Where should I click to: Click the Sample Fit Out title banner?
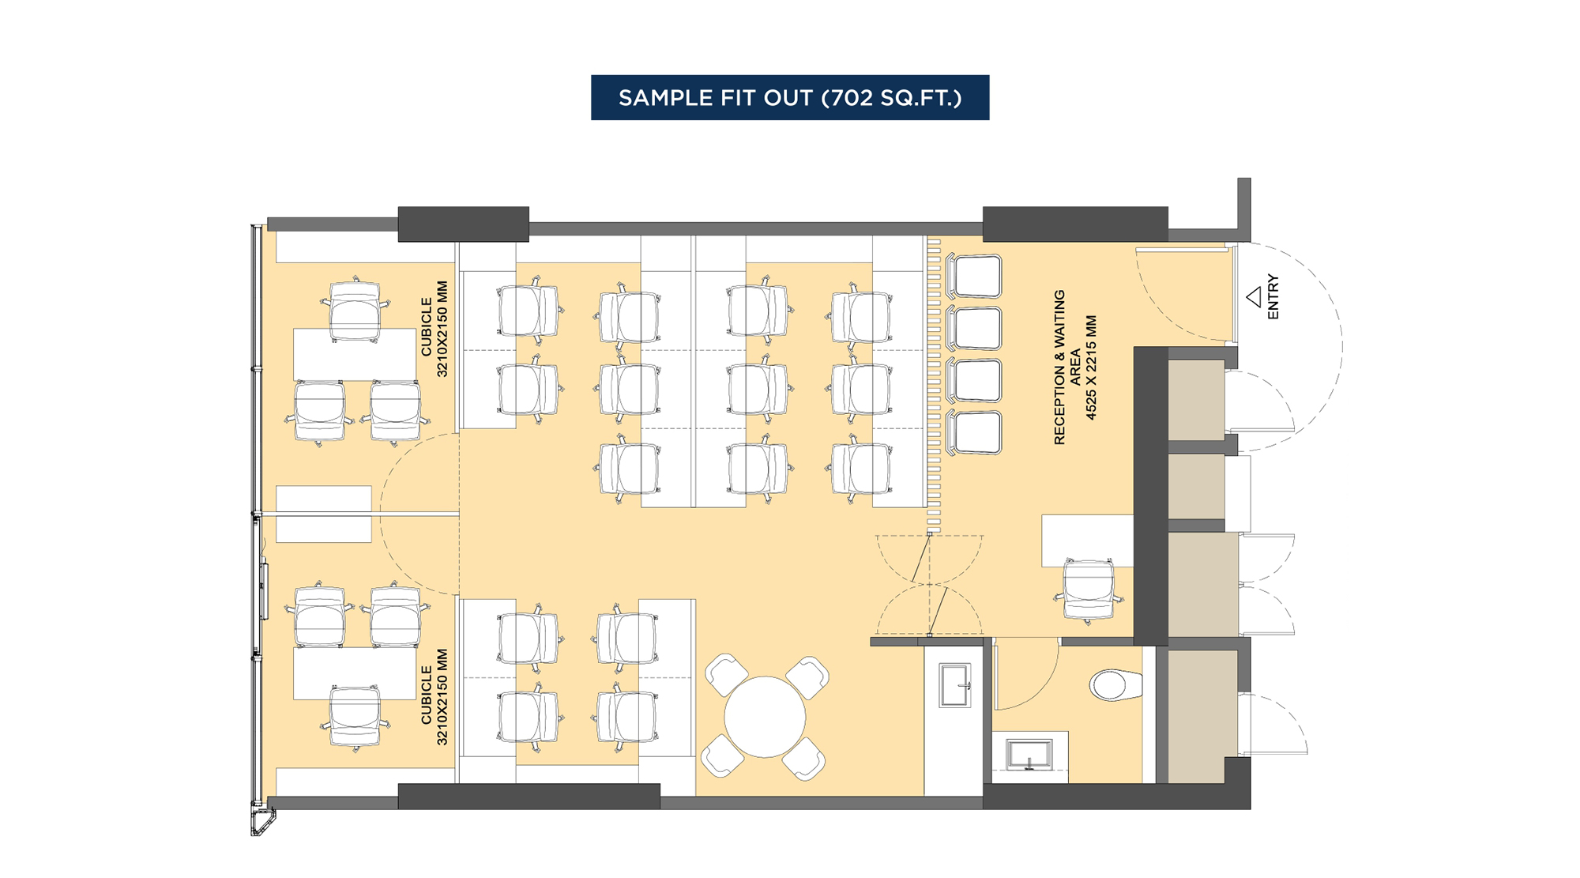(790, 97)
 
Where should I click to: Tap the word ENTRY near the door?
(1273, 297)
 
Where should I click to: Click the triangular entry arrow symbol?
(1254, 297)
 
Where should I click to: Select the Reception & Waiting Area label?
(1074, 367)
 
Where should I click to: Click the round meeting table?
(764, 717)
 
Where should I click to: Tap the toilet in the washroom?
(1115, 685)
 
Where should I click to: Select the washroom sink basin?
(1029, 755)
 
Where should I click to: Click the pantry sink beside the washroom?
(954, 685)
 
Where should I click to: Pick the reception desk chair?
(1089, 590)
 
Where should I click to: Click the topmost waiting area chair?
(976, 277)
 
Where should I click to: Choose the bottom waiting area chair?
(976, 432)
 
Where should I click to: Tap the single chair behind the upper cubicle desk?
(355, 309)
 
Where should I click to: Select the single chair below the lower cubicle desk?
(355, 718)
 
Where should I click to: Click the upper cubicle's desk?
(354, 355)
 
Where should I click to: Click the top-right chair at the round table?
(807, 677)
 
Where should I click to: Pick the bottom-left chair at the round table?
(722, 755)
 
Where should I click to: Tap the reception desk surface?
(1086, 539)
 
